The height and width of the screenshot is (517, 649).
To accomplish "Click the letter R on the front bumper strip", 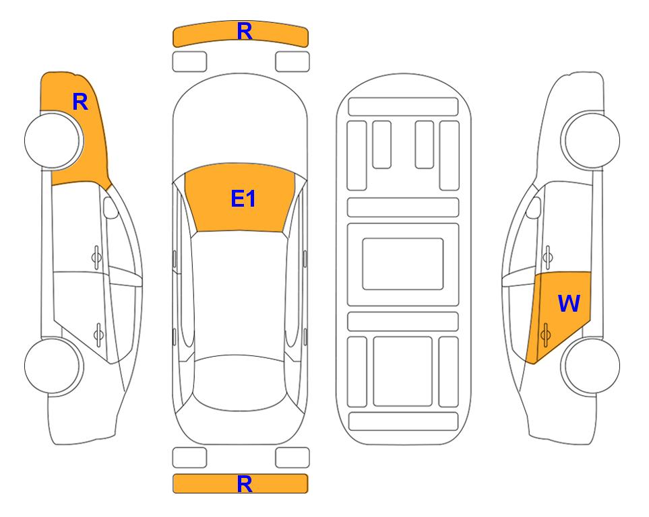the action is pos(245,32).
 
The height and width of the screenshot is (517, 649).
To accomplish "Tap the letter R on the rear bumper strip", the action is pos(245,484).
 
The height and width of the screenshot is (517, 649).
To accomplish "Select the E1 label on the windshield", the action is pos(243,199).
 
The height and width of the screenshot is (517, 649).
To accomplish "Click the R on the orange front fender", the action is pos(80,102).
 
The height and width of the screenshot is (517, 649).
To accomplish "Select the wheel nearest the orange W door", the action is pos(590,366).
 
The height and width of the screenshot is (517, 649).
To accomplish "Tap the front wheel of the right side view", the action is pos(590,140).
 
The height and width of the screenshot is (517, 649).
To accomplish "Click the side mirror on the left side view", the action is pos(110,207).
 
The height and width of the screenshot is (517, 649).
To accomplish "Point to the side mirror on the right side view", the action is pos(534,207).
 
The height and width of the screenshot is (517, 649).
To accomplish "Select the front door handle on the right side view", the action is pos(547,257).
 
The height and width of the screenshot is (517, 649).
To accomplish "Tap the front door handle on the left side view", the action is pos(96,257).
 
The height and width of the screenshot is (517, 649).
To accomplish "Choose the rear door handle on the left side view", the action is pos(98,334).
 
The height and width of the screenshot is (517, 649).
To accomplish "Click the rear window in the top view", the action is pos(240,384).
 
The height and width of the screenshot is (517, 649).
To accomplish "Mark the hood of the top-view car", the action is pos(240,120).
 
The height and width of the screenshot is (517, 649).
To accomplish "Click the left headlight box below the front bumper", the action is pos(189,62).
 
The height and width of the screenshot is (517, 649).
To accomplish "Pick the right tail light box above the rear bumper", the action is pos(292,458).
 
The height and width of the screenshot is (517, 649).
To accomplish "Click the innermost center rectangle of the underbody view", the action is pos(403,264).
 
